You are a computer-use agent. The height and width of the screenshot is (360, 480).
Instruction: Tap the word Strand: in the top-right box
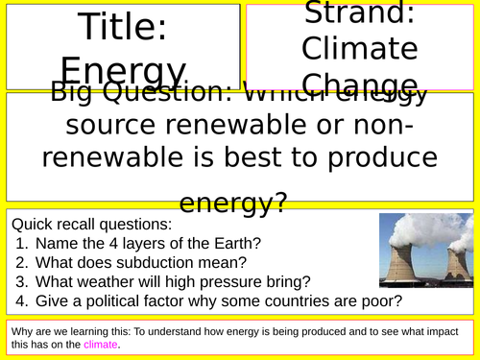pos(360,13)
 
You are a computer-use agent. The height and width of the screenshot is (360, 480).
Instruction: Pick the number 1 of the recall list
pos(21,243)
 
